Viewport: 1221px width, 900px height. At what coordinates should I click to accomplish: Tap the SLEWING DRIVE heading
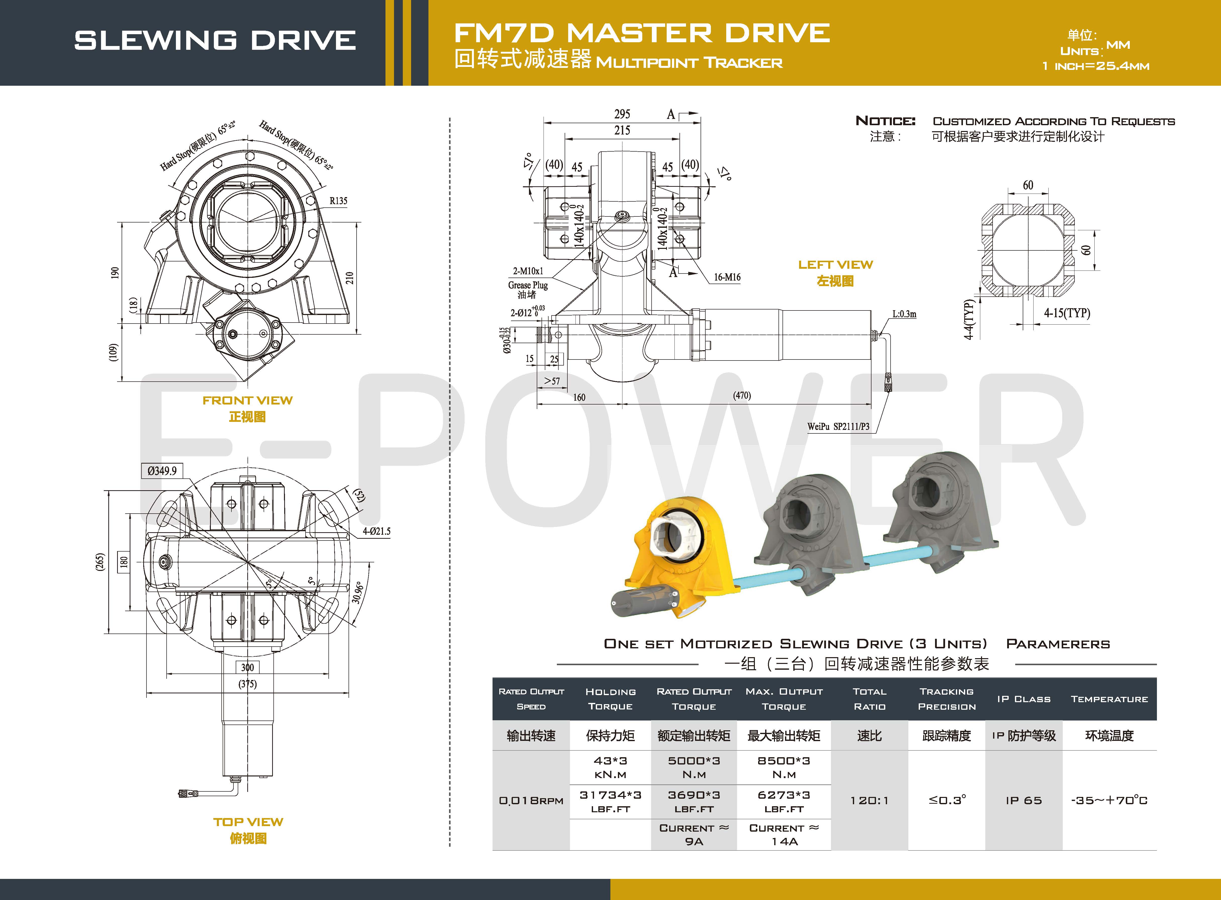(215, 40)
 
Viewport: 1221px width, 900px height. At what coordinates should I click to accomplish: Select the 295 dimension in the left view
(622, 114)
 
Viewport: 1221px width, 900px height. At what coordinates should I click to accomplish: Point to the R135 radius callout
(338, 201)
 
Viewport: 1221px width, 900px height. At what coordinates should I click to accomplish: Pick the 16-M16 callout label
(727, 277)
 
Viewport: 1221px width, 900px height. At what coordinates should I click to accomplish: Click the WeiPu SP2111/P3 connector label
(838, 427)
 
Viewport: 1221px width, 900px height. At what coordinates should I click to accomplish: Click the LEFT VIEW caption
(836, 265)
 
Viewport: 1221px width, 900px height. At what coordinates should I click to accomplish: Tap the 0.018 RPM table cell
(531, 800)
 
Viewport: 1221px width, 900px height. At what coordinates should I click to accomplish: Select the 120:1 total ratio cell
(869, 800)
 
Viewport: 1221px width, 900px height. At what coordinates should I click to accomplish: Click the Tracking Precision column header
(947, 699)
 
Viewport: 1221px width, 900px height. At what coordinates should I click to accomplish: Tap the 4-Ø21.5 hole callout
(376, 531)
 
